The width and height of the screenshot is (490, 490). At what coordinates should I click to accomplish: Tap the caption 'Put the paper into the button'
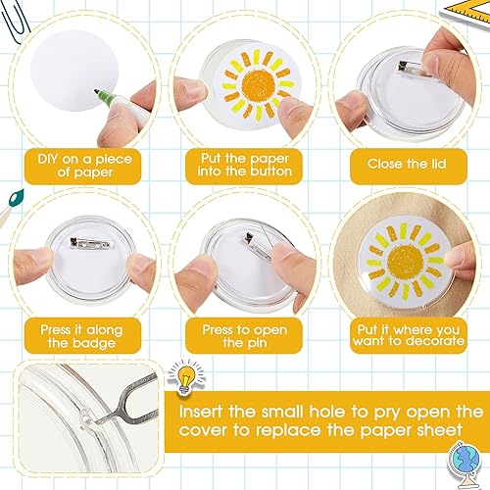pyautogui.click(x=245, y=165)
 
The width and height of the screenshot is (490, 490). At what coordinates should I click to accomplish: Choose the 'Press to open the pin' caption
pyautogui.click(x=245, y=337)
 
